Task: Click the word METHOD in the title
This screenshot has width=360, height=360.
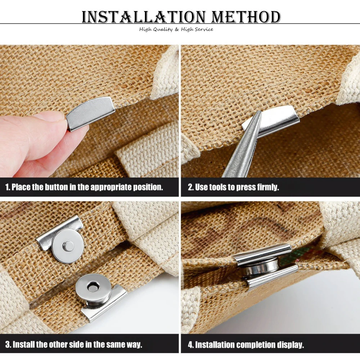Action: click(x=246, y=17)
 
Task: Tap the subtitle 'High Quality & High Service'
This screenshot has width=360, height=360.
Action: click(x=176, y=29)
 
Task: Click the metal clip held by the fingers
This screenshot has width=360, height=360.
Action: click(x=91, y=114)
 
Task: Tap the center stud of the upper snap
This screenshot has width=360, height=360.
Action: click(x=68, y=246)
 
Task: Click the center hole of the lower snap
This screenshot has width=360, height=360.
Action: click(x=93, y=287)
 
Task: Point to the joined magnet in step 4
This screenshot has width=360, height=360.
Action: click(x=260, y=266)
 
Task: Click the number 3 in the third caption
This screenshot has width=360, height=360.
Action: click(x=8, y=345)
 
